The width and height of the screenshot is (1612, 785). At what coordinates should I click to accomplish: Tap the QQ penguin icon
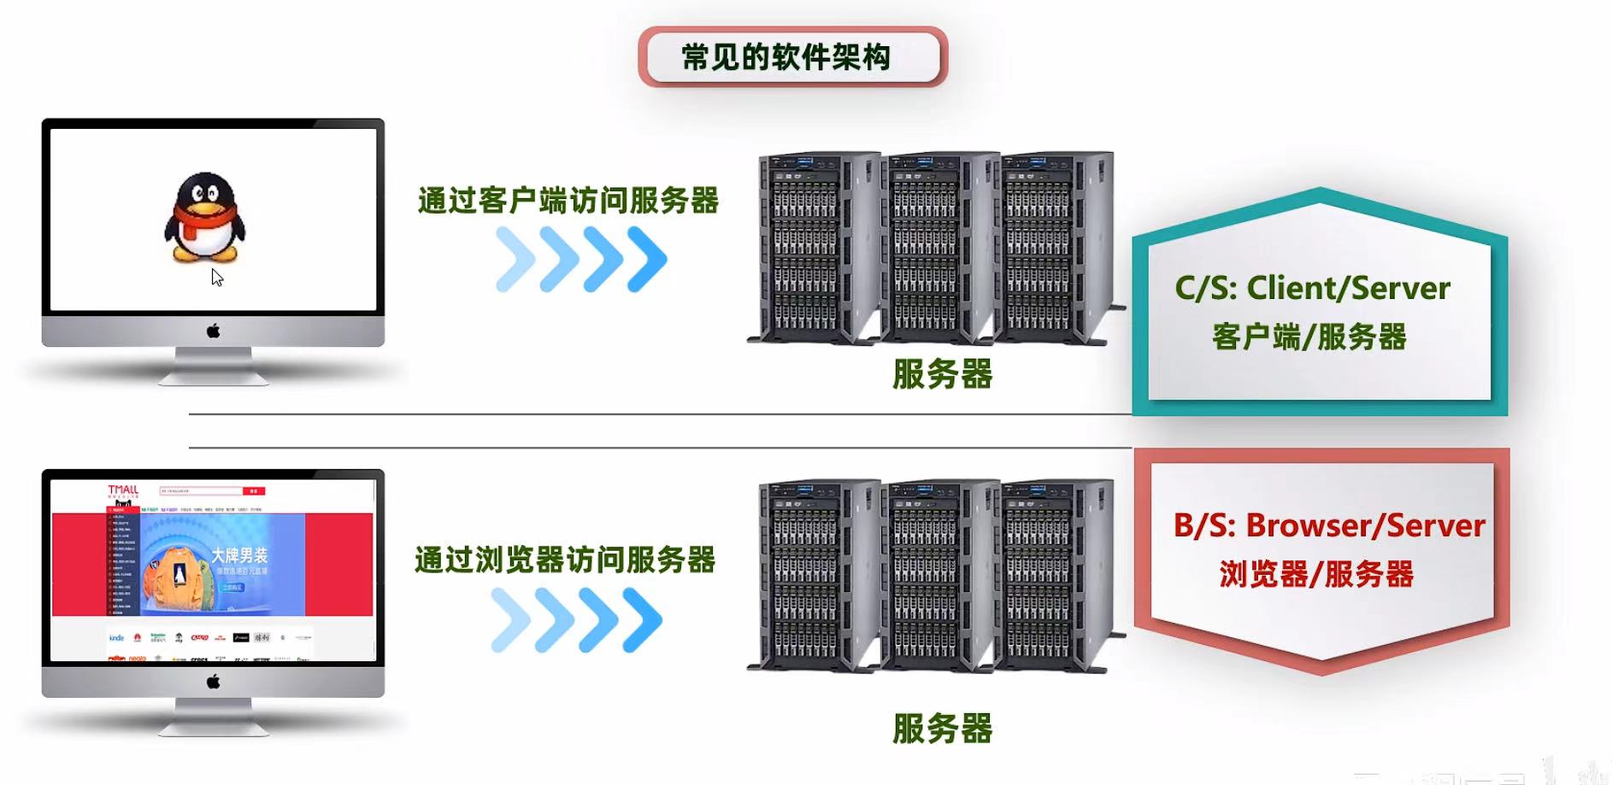[205, 217]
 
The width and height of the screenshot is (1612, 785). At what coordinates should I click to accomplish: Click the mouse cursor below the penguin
[217, 278]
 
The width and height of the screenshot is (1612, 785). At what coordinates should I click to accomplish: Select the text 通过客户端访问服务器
[568, 201]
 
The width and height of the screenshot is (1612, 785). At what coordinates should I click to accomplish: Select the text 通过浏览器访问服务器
[565, 560]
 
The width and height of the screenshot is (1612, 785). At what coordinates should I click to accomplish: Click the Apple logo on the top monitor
[213, 331]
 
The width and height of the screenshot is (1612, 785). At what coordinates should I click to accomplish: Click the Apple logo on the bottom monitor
[213, 681]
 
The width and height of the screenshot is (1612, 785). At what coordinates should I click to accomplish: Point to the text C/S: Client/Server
[1312, 289]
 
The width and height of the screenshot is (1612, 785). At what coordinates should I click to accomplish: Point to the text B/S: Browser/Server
[1328, 525]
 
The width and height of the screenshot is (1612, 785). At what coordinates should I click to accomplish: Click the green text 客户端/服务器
[1309, 337]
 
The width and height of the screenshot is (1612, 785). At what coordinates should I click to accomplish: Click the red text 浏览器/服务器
[1316, 574]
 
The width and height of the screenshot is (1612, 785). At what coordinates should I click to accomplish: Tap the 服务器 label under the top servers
[942, 374]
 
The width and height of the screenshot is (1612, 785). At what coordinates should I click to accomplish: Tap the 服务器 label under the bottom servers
[942, 729]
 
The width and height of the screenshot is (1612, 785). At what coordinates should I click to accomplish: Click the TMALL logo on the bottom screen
[122, 490]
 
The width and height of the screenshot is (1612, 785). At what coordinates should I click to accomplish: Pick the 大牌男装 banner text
[239, 555]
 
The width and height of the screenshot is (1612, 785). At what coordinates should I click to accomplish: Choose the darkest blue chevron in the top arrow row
[647, 259]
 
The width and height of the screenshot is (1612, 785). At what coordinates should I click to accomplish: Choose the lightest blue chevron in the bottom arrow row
[511, 619]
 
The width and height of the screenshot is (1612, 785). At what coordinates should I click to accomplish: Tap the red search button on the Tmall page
[254, 491]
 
